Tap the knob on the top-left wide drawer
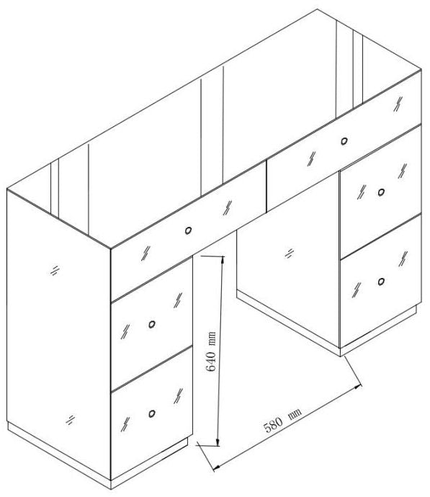[188, 230]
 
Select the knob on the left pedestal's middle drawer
[152, 325]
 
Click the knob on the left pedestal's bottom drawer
[152, 413]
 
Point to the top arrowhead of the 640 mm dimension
[221, 260]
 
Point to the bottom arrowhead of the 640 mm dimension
[217, 445]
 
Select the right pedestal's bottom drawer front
[380, 285]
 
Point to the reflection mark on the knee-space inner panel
[288, 253]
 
